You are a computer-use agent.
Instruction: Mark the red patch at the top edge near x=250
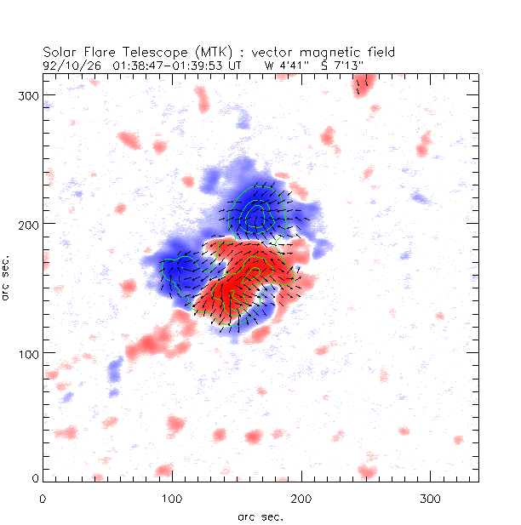364,83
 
